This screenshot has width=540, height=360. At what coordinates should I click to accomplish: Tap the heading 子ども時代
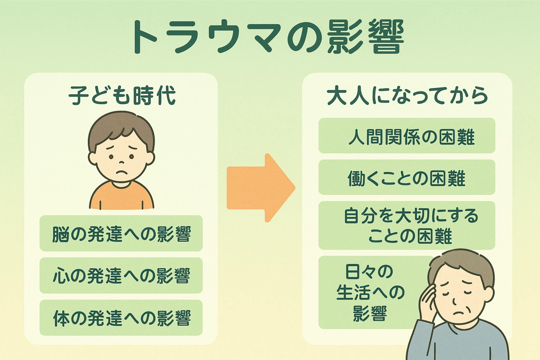[122, 96]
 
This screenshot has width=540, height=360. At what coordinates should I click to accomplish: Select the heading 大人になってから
[407, 96]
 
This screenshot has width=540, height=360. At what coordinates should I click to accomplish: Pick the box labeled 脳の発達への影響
[121, 233]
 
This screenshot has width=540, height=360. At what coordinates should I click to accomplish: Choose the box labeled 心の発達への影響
[121, 275]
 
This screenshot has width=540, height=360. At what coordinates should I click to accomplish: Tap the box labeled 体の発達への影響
[121, 318]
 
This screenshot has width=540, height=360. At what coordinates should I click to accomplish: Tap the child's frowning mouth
[121, 173]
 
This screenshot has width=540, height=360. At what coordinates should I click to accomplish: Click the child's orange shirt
[121, 196]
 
